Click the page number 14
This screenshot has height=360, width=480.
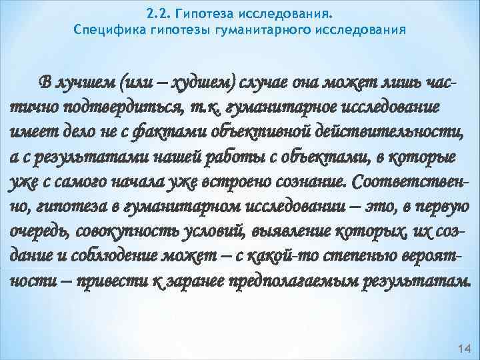(464, 349)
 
